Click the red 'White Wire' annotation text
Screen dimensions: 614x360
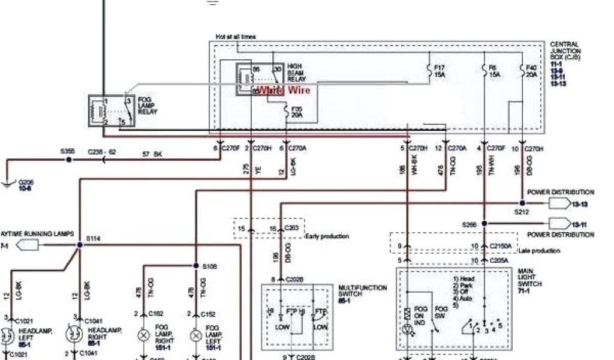point(284,91)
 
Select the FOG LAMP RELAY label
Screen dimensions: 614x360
point(149,106)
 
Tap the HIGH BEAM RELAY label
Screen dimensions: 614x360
point(296,72)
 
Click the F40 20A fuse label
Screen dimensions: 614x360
point(532,72)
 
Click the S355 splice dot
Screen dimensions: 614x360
point(69,160)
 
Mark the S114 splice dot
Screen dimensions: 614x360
point(79,245)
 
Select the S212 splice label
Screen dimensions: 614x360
point(521,212)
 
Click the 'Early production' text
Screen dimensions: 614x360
point(327,236)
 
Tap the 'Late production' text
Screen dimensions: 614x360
point(539,250)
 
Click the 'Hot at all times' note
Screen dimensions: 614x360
point(236,37)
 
